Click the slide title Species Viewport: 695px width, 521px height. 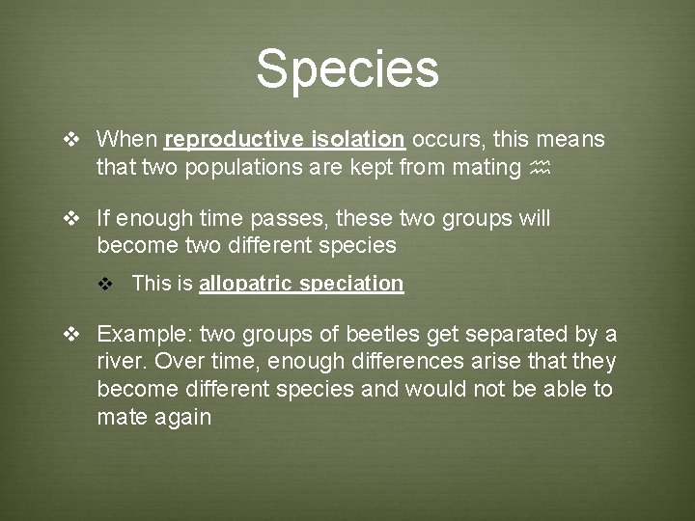tap(347, 69)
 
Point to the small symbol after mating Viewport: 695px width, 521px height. tap(542, 168)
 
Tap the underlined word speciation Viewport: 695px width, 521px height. tap(352, 284)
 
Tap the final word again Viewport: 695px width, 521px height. tap(182, 419)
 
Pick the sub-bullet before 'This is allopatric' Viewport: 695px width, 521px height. tap(109, 285)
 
